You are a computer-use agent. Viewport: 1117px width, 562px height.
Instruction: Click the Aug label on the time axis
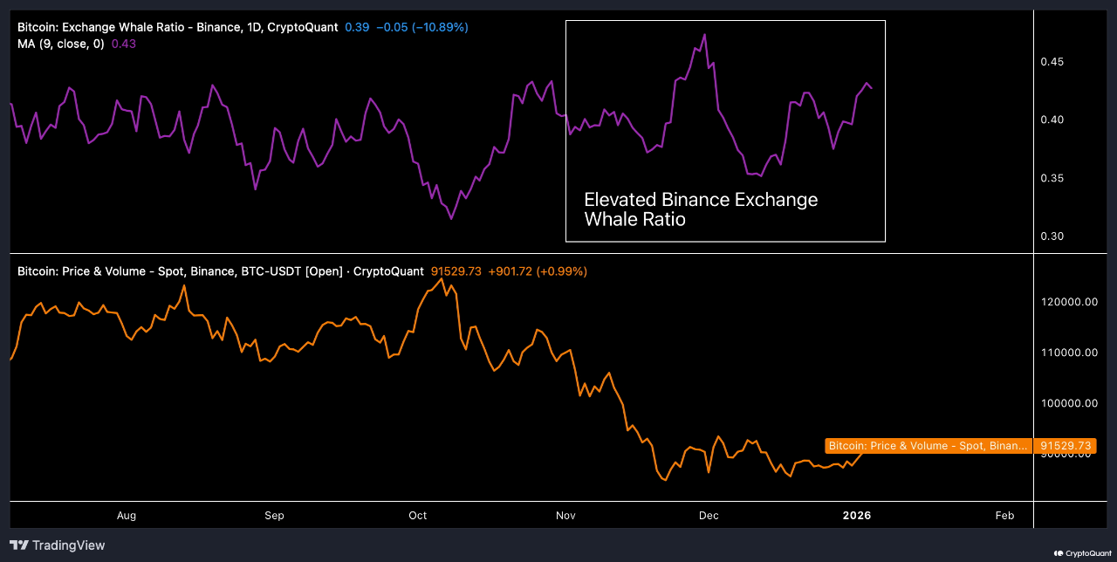coord(127,515)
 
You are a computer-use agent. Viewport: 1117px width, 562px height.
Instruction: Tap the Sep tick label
coord(274,515)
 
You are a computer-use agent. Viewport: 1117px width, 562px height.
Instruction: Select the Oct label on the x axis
coord(418,515)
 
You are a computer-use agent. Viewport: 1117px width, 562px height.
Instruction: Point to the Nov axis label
coord(565,515)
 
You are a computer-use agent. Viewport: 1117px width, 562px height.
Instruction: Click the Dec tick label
coord(709,515)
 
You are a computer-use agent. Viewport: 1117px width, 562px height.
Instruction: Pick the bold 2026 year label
coord(856,515)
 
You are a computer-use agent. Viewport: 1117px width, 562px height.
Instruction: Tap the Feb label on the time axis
coord(1004,515)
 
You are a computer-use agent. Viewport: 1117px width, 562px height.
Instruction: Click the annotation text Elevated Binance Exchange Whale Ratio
coord(701,209)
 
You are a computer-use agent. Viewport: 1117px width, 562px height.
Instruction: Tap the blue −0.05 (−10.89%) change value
coord(421,27)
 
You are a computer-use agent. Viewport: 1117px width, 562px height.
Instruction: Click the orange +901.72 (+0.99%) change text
coord(538,271)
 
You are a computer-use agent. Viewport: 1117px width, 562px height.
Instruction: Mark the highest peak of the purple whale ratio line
coord(704,35)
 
